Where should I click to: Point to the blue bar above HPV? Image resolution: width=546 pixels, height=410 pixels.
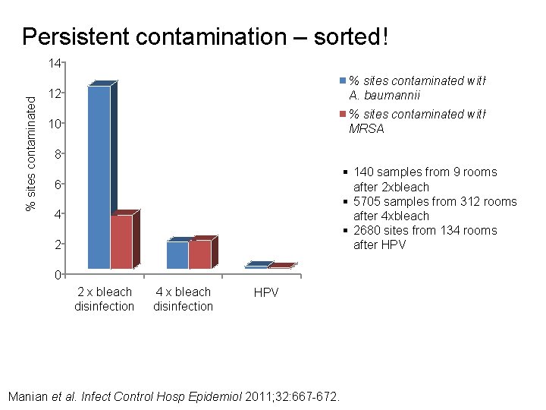point(256,266)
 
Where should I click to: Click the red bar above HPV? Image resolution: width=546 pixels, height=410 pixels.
point(279,266)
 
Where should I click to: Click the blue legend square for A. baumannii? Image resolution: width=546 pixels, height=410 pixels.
point(344,80)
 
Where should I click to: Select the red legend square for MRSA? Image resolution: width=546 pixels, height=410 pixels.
point(344,114)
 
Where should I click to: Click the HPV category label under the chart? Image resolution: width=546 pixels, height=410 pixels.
point(266,292)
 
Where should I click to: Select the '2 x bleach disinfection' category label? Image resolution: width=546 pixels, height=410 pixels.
point(104,299)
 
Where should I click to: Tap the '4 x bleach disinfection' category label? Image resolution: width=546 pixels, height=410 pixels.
point(183,299)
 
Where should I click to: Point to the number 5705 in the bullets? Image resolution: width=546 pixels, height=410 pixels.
point(368,201)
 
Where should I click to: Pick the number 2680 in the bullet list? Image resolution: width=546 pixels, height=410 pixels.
point(368,230)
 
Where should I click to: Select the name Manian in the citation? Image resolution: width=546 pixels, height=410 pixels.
point(27,396)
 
